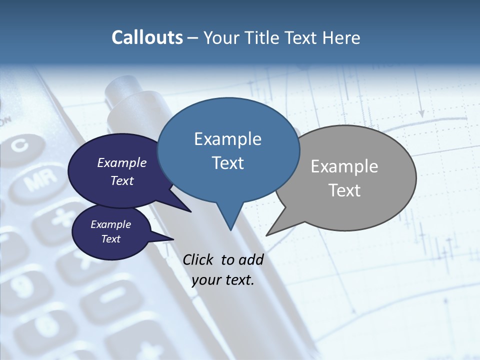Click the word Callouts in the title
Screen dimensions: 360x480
pyautogui.click(x=147, y=37)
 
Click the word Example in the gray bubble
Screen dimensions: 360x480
pyautogui.click(x=344, y=166)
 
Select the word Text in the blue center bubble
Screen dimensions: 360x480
pyautogui.click(x=228, y=163)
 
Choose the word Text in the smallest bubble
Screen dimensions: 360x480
pyautogui.click(x=111, y=239)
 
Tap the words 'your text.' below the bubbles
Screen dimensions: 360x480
pyautogui.click(x=222, y=280)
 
